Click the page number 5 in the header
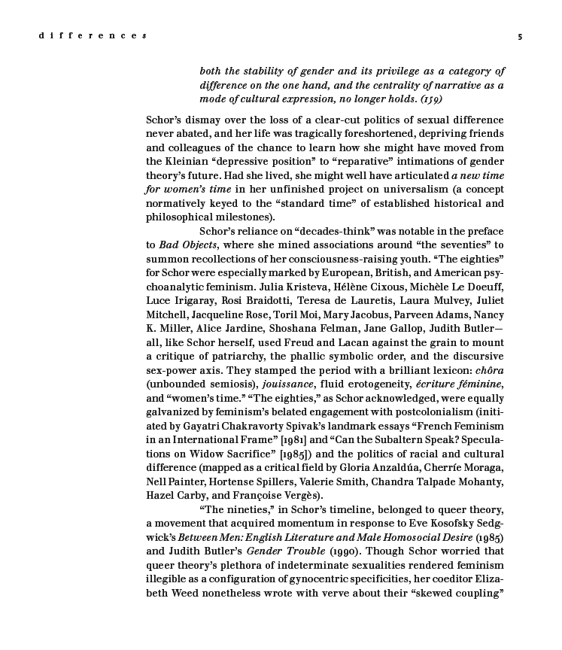(x=520, y=36)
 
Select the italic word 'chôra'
(x=488, y=369)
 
